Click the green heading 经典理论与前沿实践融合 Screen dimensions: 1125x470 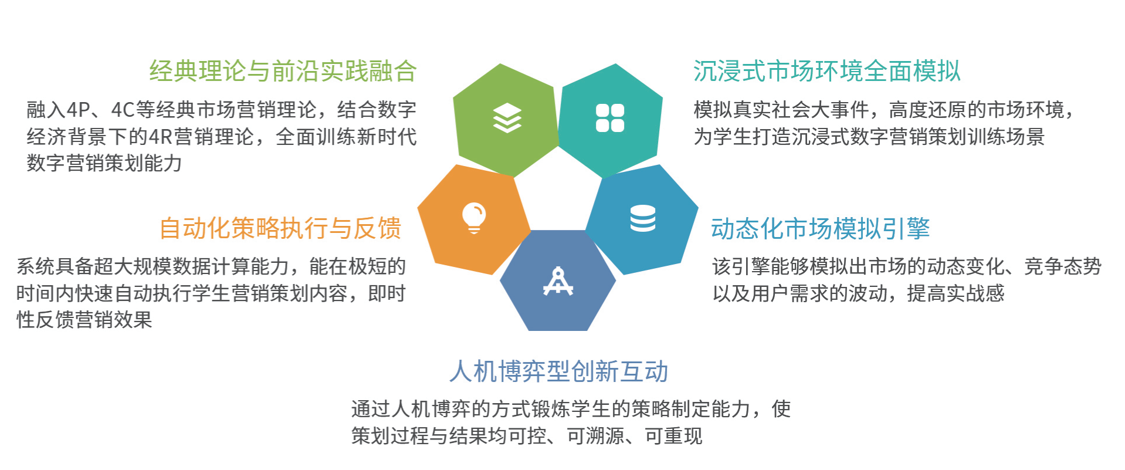coord(283,71)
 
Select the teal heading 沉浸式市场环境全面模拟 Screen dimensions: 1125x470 coord(827,71)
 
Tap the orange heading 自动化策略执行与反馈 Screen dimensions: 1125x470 coord(280,228)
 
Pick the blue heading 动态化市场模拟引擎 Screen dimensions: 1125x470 coord(821,228)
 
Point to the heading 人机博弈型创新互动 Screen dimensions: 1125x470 coord(559,371)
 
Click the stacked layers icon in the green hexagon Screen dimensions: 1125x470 coord(507,118)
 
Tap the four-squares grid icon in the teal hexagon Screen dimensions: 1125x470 coord(610,118)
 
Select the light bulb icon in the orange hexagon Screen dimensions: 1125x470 coord(474,218)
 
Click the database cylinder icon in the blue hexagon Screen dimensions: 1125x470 coord(643,218)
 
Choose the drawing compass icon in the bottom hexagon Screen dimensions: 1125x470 coord(558,281)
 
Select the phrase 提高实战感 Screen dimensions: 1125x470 coord(956,293)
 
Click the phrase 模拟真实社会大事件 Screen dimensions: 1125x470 coord(781,110)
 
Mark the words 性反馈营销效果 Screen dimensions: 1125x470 coord(84,320)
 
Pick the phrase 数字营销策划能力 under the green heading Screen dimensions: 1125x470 coord(104,163)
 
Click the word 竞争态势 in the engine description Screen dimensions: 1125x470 coord(1063,266)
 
